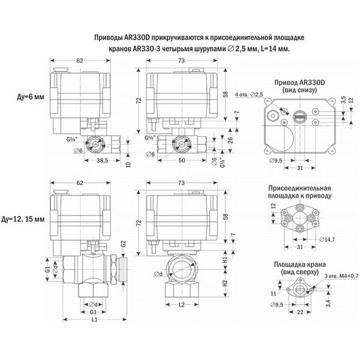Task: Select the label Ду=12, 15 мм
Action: coord(26,220)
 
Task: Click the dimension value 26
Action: coord(229,142)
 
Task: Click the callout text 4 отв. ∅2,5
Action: coord(250,95)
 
